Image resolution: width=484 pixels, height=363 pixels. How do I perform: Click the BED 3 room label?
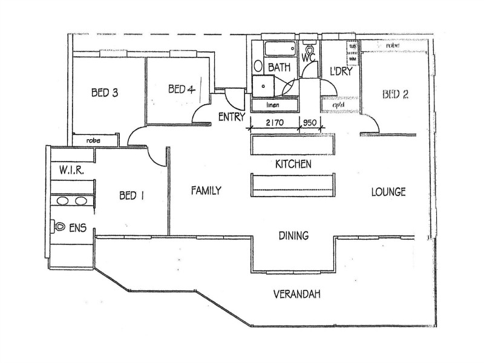click(104, 93)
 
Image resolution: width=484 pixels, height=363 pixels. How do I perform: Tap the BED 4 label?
click(181, 90)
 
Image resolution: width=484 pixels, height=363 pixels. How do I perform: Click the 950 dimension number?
click(310, 122)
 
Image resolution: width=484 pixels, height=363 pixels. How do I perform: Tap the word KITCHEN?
click(293, 164)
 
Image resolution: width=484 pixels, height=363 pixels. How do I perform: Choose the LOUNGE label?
click(388, 192)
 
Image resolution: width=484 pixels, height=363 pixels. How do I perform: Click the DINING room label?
click(294, 235)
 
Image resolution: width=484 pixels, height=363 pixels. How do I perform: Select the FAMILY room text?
click(206, 191)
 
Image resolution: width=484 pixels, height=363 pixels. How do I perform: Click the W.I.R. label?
click(71, 171)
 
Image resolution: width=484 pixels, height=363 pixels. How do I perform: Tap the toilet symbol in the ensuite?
click(59, 226)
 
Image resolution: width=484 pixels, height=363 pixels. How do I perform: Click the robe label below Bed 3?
click(93, 140)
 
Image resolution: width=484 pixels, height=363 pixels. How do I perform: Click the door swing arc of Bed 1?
click(159, 156)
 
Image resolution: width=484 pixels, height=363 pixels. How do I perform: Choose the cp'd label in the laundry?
click(339, 105)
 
